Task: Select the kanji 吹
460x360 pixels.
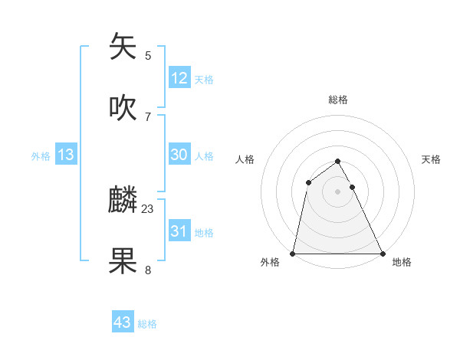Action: (x=123, y=107)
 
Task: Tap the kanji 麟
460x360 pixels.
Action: (x=123, y=200)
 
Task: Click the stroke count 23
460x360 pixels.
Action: (x=148, y=208)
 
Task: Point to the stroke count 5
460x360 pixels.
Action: (x=148, y=55)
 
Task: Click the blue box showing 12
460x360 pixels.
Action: (x=179, y=78)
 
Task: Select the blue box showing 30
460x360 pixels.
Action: (x=179, y=155)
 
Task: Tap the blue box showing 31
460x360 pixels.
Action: (x=179, y=231)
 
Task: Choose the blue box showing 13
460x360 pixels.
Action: (x=66, y=155)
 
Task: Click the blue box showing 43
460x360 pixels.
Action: (x=123, y=322)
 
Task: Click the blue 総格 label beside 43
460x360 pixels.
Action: (x=147, y=324)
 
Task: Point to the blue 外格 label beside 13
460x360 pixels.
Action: (x=41, y=156)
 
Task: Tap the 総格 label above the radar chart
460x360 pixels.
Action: (x=338, y=100)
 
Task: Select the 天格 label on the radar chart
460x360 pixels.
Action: (x=431, y=159)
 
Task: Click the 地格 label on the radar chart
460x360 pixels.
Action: (x=402, y=263)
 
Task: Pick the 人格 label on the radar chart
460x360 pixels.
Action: (x=245, y=159)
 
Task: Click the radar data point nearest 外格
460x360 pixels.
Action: (x=293, y=254)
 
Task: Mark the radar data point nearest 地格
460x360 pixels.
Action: (x=383, y=254)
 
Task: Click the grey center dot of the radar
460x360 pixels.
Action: (x=338, y=191)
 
